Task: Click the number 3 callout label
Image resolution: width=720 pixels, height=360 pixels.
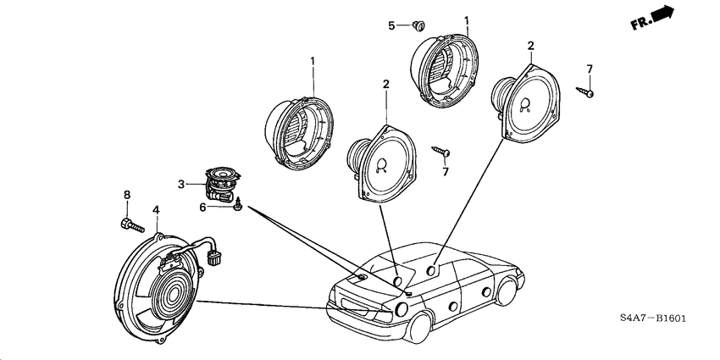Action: (x=180, y=184)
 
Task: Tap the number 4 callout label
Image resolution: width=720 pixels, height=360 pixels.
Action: (x=156, y=209)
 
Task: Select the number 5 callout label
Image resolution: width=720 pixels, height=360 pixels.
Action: (x=391, y=25)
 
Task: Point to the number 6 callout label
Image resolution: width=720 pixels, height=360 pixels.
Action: (x=203, y=206)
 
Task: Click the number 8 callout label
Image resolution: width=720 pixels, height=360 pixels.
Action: (x=127, y=196)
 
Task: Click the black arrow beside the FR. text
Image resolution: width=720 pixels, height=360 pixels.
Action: (x=664, y=14)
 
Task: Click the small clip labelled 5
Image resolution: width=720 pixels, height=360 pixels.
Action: (x=421, y=25)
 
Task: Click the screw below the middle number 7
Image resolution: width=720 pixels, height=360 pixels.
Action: (x=442, y=152)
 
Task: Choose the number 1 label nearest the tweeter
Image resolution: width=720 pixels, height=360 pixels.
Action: (x=312, y=61)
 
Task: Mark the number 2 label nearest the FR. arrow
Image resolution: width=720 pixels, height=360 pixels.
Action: (x=530, y=45)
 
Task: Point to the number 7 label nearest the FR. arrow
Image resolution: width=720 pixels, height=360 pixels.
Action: (x=590, y=69)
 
